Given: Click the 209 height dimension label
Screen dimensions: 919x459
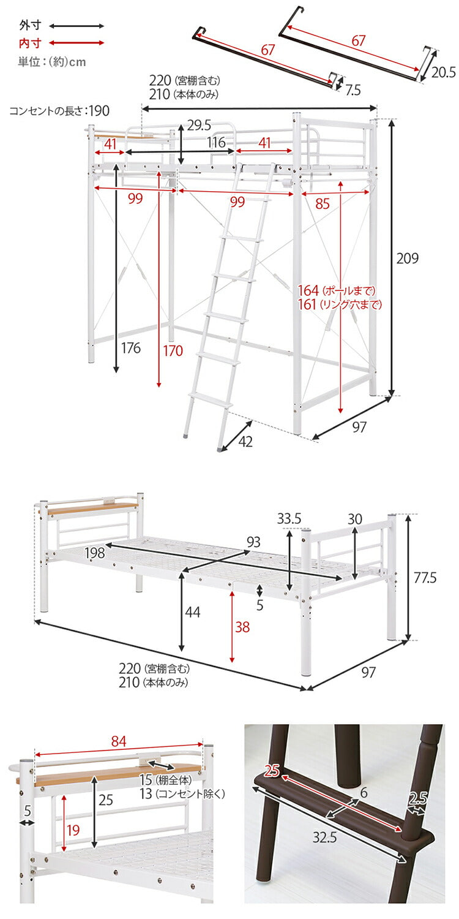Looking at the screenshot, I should tap(407, 259).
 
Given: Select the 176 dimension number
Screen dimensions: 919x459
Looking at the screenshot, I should tap(130, 349).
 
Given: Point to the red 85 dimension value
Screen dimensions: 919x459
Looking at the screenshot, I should tap(323, 204).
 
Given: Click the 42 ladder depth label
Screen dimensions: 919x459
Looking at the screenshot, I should tap(246, 441).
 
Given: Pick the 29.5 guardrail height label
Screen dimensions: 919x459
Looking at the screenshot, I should tap(199, 126).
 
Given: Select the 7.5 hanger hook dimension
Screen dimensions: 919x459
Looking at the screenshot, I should tap(353, 90).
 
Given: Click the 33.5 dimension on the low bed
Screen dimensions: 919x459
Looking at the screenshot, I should tap(289, 518).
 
